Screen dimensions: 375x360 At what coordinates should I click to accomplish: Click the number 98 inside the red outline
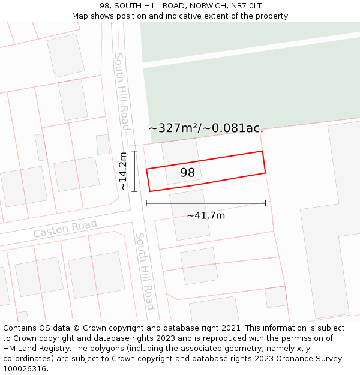pyautogui.click(x=188, y=173)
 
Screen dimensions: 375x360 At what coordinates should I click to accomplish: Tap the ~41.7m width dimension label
pyautogui.click(x=206, y=215)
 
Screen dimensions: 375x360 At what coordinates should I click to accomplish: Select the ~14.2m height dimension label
pyautogui.click(x=123, y=171)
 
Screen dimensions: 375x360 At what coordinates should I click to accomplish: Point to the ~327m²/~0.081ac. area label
pyautogui.click(x=206, y=128)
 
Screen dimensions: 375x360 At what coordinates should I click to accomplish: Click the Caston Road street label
pyautogui.click(x=65, y=229)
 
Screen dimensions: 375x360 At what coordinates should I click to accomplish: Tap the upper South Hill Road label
pyautogui.click(x=121, y=91)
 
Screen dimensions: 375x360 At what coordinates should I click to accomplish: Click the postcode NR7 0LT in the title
pyautogui.click(x=247, y=5)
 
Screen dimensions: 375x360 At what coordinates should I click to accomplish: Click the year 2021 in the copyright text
pyautogui.click(x=232, y=328)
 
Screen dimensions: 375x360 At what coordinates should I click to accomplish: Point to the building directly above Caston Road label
pyautogui.click(x=76, y=174)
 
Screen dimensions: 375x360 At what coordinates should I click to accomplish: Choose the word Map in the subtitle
pyautogui.click(x=80, y=16)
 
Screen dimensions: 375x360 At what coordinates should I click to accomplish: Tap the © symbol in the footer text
pyautogui.click(x=76, y=328)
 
